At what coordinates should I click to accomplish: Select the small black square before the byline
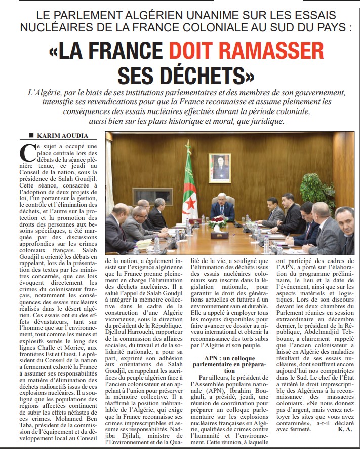click(31, 135)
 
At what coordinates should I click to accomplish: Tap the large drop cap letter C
click(26, 154)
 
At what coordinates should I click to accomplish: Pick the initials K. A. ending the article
click(343, 429)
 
